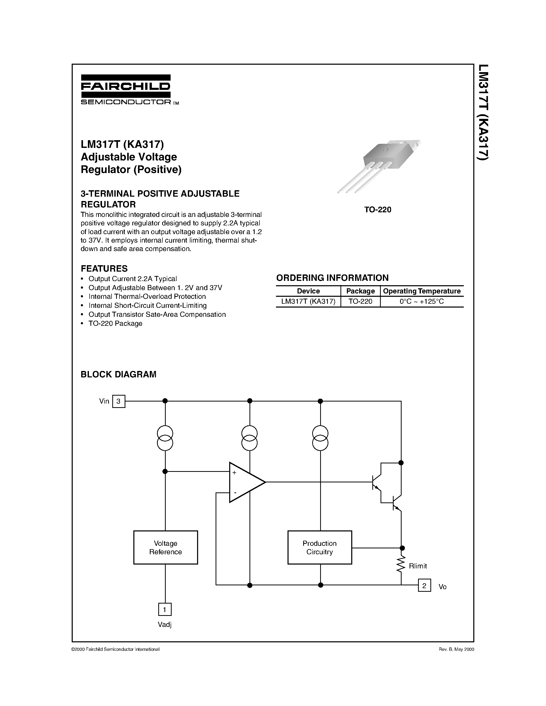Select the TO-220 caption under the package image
coord(377,209)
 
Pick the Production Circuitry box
coord(320,547)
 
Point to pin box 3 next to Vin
coord(118,401)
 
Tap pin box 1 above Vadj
coord(165,609)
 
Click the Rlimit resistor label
coord(418,566)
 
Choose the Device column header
coord(308,291)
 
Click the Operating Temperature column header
coord(421,291)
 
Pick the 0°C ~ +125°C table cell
coord(421,302)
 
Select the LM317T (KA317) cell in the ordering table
coord(308,302)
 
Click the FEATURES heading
coord(104,268)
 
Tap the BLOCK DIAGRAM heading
coord(118,374)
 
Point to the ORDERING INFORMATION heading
coord(332,278)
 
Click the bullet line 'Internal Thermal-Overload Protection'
coord(147,297)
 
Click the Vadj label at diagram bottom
coord(164,625)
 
